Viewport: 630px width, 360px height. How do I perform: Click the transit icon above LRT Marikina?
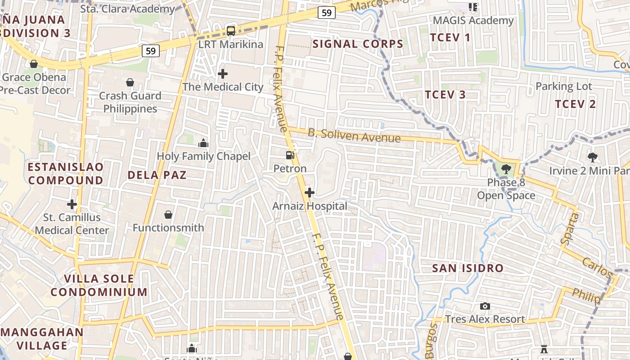click(230, 31)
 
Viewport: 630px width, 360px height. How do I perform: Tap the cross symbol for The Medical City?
click(223, 73)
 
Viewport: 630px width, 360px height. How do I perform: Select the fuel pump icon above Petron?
click(290, 155)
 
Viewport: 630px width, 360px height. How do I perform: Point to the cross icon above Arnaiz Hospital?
click(309, 193)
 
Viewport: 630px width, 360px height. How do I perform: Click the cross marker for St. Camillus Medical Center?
click(72, 204)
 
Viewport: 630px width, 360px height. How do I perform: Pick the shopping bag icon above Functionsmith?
click(168, 215)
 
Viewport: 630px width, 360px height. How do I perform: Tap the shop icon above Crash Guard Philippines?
click(130, 82)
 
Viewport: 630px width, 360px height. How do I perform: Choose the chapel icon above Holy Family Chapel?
click(203, 143)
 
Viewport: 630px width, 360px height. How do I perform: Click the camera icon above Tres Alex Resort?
click(485, 306)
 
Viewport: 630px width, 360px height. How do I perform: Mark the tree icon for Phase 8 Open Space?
click(506, 169)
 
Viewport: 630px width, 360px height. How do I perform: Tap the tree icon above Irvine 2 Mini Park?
click(593, 157)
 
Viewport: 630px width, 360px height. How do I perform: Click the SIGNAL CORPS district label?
click(358, 44)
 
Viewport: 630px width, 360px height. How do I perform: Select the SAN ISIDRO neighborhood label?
click(468, 268)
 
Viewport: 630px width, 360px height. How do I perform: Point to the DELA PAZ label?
click(157, 175)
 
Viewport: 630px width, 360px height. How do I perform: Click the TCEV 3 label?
click(445, 94)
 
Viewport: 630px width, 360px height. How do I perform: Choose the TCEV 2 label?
click(575, 104)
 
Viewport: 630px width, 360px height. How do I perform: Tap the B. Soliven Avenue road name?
click(354, 135)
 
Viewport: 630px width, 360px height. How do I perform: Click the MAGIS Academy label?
click(473, 21)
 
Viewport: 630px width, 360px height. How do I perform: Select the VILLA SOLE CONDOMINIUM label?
click(99, 285)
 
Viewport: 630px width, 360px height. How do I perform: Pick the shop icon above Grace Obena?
click(34, 64)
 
